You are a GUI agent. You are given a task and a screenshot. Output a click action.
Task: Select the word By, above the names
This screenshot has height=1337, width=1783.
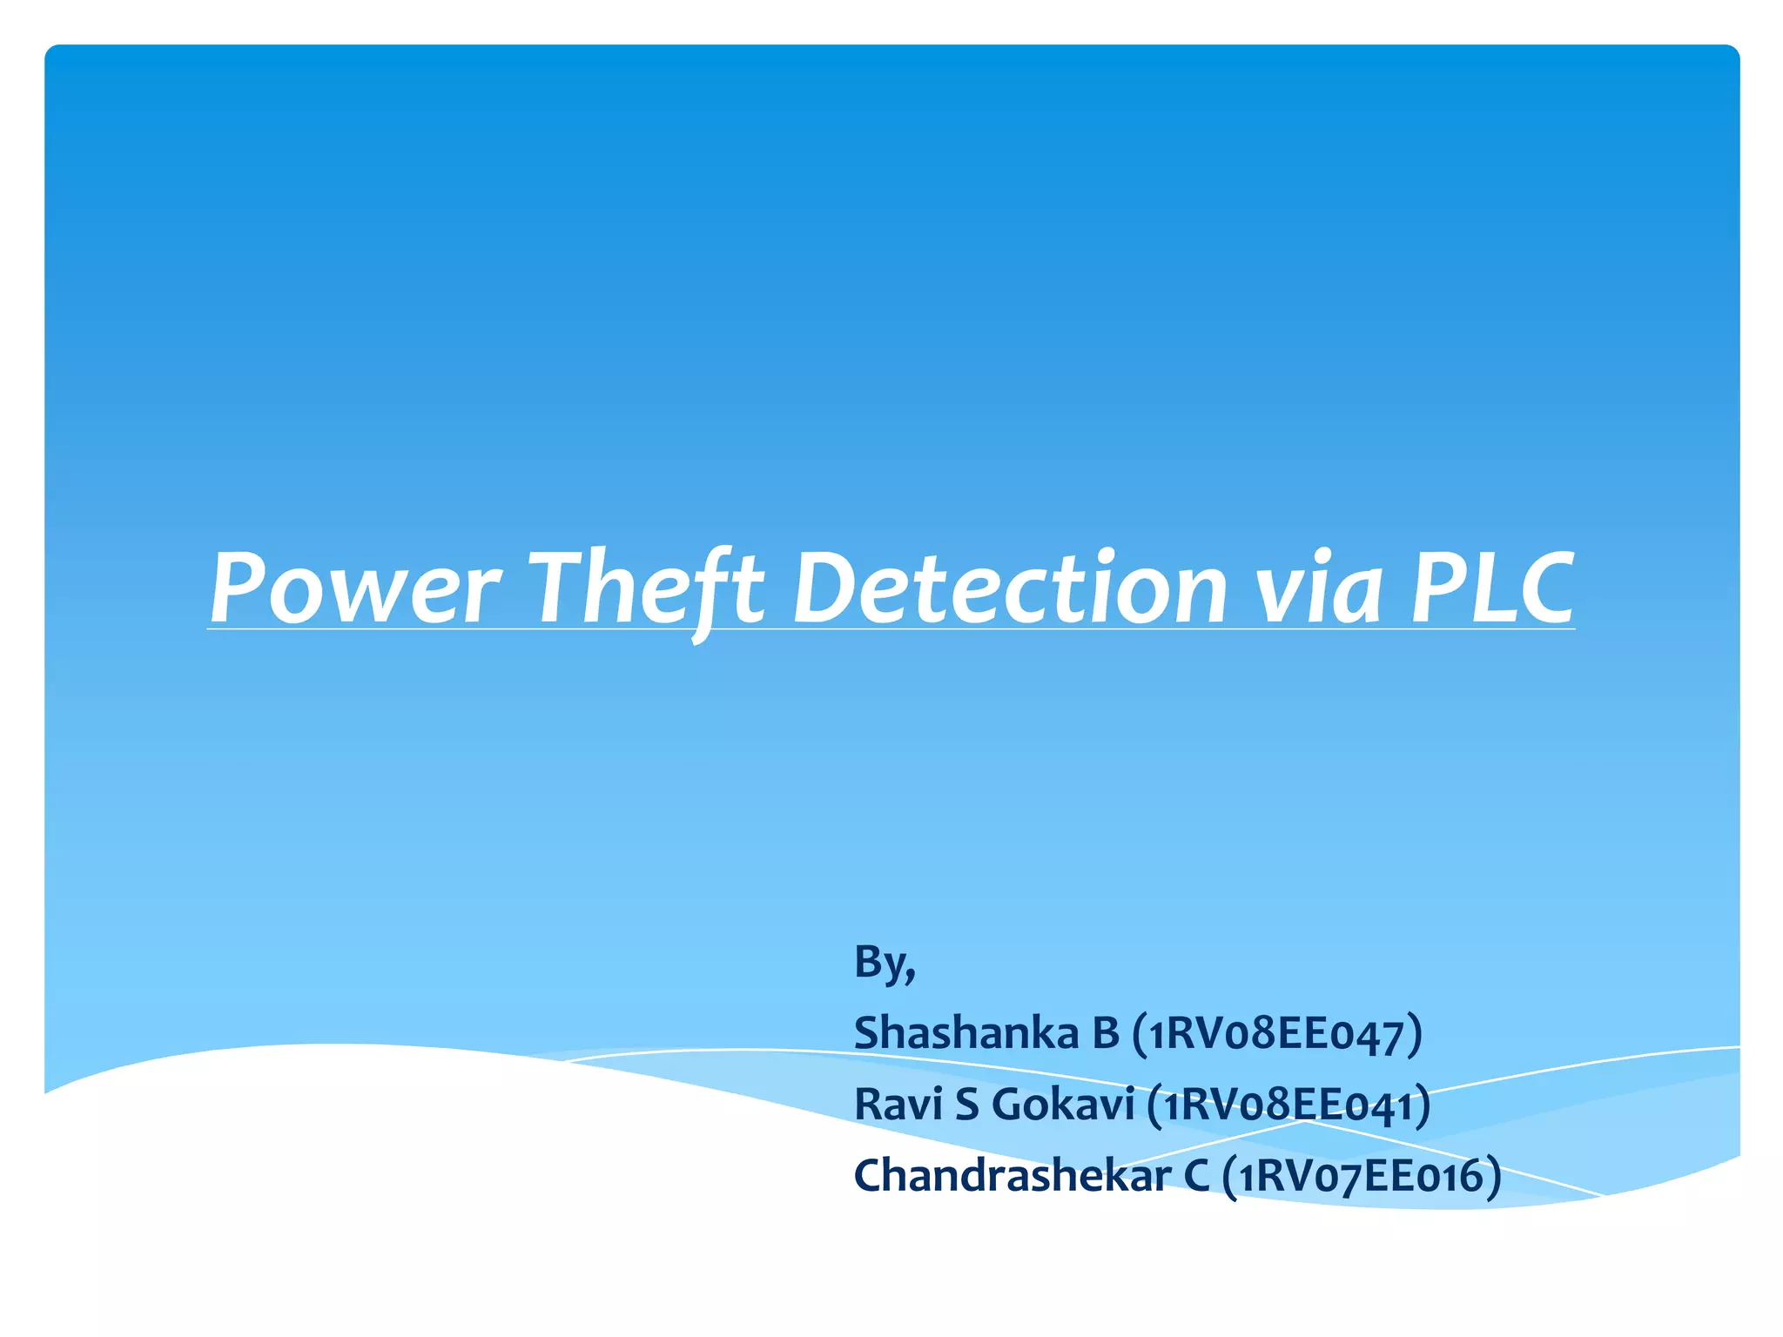(x=885, y=964)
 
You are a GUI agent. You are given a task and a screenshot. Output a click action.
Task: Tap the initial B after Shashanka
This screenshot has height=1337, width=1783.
(x=1105, y=1034)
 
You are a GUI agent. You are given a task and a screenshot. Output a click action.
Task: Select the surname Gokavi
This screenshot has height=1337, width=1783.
(x=1063, y=1105)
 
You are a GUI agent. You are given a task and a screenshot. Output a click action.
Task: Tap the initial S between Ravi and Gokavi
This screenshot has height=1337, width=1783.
(x=967, y=1105)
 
